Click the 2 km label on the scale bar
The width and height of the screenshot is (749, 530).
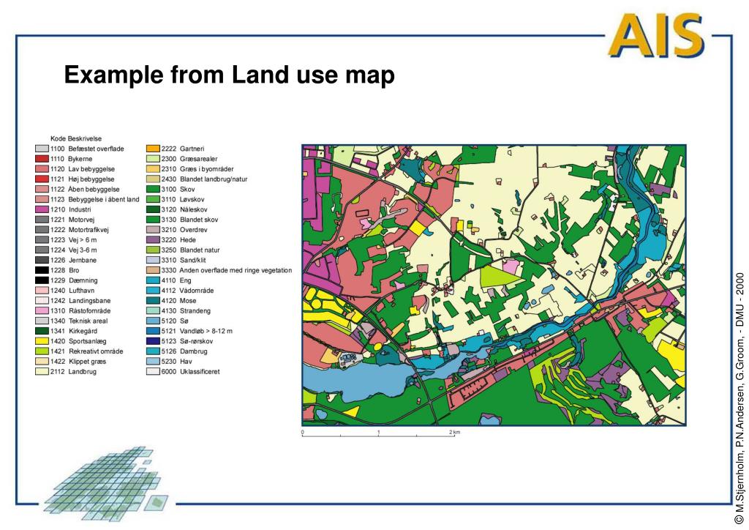[455, 433]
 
